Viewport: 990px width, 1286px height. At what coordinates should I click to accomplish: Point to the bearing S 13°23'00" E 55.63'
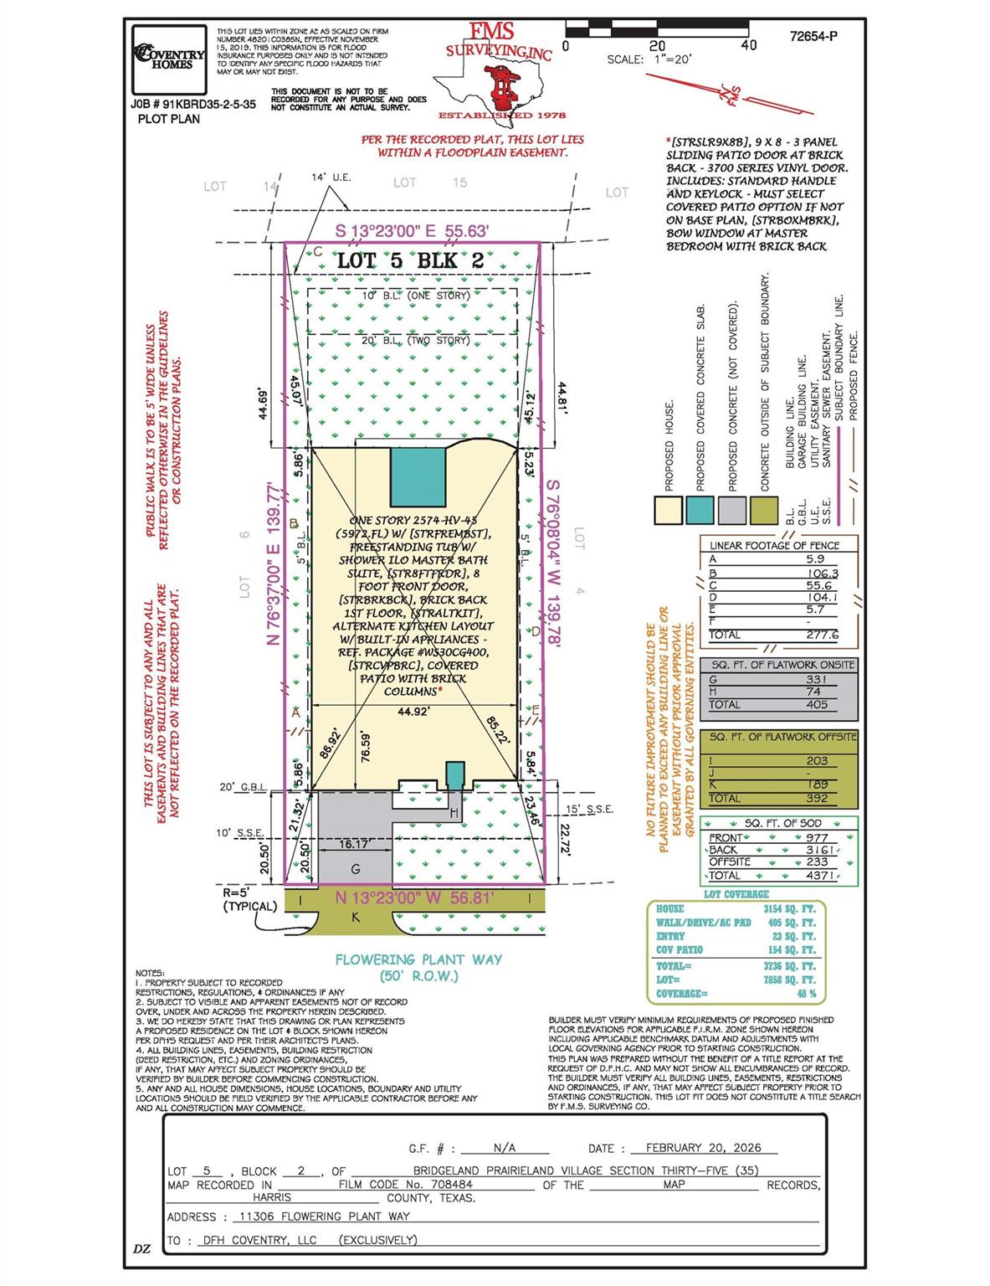pos(412,231)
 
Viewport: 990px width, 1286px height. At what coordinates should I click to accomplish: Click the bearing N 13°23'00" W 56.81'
pos(414,898)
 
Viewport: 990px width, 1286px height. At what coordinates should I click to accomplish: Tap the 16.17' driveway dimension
pos(355,845)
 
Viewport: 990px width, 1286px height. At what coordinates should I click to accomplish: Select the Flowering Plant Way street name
pos(418,959)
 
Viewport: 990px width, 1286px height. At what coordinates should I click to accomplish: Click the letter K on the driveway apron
pos(356,917)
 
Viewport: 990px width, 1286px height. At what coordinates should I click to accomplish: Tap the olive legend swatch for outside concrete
pos(764,510)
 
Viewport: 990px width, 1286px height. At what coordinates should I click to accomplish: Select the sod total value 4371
pos(820,875)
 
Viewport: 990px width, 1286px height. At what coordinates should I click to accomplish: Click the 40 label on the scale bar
pos(749,45)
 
